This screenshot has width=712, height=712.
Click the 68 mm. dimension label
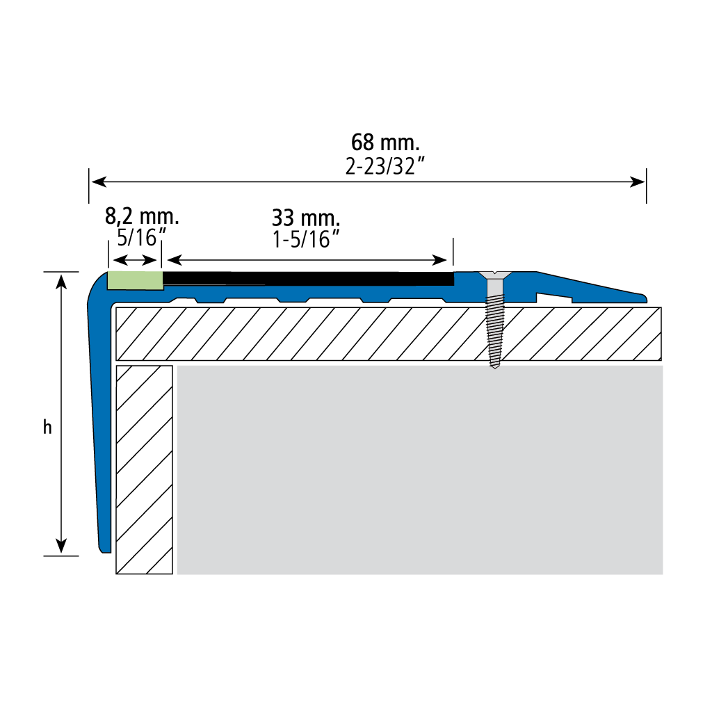[385, 142]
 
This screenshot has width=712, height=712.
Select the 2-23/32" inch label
[385, 167]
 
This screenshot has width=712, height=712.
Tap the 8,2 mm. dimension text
[142, 217]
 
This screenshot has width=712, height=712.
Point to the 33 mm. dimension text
[306, 218]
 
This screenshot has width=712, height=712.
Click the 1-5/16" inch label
[306, 239]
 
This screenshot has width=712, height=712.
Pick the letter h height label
[47, 428]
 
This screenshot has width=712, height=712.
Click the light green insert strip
[136, 280]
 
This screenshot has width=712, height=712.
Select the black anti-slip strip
[308, 279]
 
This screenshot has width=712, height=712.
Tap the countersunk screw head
[495, 275]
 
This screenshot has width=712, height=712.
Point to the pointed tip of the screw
[495, 368]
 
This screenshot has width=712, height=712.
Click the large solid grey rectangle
[419, 469]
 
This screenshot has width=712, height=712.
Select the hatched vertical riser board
[145, 469]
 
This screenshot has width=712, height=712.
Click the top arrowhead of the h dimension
[61, 282]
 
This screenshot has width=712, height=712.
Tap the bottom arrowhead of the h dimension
[61, 545]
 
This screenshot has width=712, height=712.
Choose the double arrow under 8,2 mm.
[135, 260]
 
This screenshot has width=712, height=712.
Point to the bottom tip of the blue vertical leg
[106, 551]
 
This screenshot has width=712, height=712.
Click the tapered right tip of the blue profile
[645, 298]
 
